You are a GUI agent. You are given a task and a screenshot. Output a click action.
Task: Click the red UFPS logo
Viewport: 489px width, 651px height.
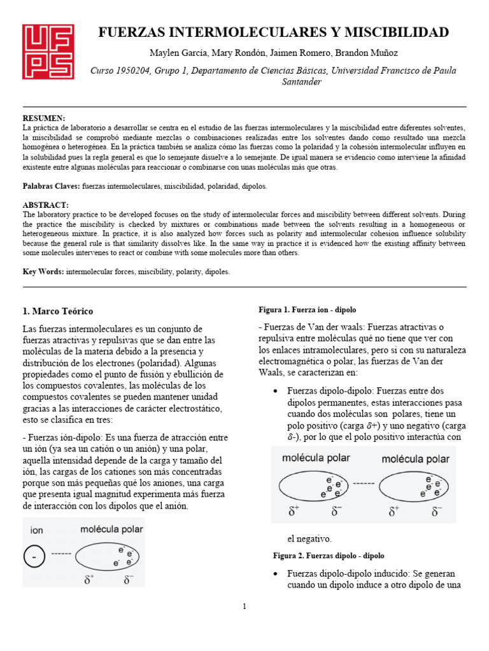(48, 51)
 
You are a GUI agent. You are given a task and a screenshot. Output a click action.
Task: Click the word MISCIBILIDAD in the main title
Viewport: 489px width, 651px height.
(395, 32)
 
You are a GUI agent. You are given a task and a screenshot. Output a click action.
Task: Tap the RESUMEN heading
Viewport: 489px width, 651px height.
(44, 118)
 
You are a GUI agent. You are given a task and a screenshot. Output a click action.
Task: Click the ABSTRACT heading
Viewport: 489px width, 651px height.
(45, 205)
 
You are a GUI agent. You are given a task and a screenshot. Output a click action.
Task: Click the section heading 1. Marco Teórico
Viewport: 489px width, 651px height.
(57, 312)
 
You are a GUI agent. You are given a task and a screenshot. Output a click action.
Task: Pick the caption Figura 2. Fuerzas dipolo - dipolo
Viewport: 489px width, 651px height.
(329, 556)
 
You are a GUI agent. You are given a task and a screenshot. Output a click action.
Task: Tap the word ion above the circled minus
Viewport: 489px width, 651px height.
(37, 529)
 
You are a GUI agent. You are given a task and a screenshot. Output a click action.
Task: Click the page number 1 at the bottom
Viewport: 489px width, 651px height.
(244, 606)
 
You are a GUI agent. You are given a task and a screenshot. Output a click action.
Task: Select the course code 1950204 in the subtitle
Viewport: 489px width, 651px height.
(133, 71)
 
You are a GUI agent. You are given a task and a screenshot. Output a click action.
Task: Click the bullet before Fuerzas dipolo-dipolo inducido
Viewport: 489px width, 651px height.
(274, 573)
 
